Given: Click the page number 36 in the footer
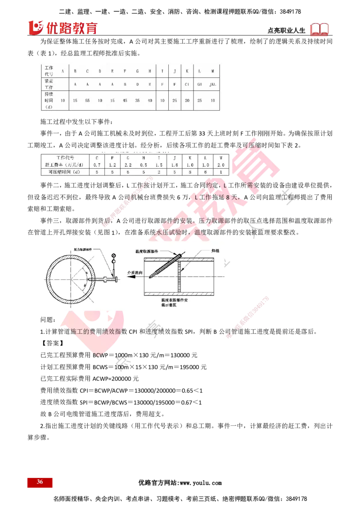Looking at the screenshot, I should pos(40,482).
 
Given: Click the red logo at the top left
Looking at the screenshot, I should pos(63,27).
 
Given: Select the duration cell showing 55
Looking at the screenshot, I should pos(87,101).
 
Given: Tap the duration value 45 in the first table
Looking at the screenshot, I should pos(125,101).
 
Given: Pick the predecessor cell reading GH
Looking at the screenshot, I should pos(199,84).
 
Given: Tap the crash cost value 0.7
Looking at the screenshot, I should pos(97,165).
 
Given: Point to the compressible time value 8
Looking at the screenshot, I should pos(190,172).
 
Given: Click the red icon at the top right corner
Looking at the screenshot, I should pos(320,30).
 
